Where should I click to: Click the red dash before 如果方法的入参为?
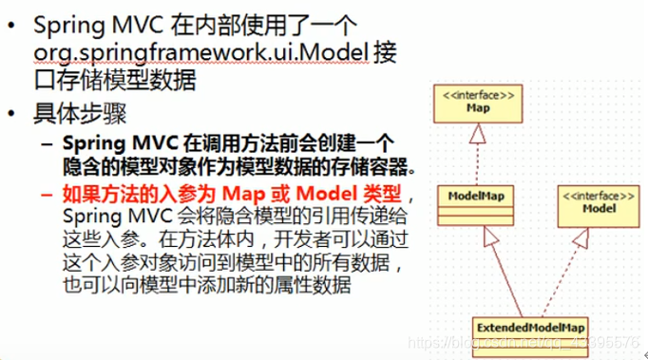pos(48,197)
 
